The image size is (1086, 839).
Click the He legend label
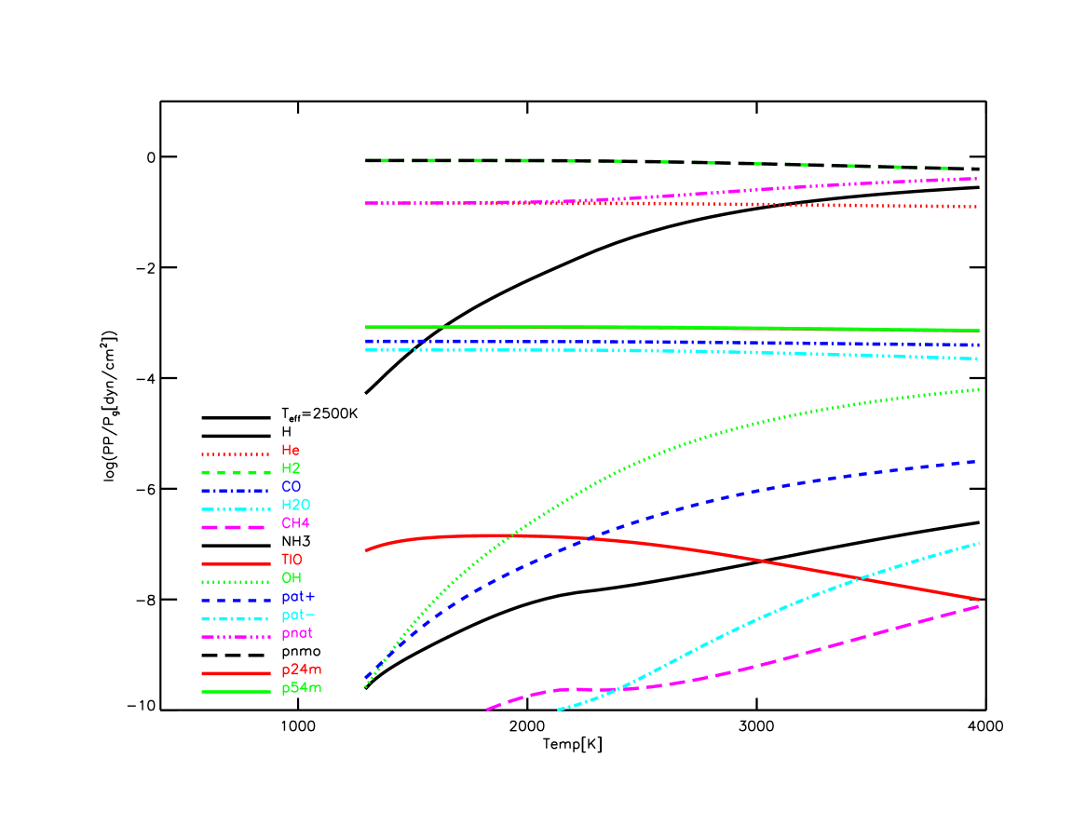[x=291, y=451]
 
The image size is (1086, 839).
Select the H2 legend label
[x=291, y=469]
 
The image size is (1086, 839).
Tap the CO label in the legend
[x=292, y=487]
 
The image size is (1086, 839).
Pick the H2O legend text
[x=295, y=506]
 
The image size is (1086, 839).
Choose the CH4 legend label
[x=295, y=524]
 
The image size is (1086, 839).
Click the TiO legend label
[x=292, y=561]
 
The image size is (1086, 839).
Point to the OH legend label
[x=292, y=578]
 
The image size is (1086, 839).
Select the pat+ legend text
[x=298, y=597]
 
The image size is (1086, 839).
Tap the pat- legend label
[x=298, y=616]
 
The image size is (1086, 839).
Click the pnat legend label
[x=297, y=634]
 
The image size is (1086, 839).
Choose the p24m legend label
[x=302, y=670]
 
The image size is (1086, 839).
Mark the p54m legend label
[x=302, y=689]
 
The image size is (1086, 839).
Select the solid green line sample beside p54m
[x=236, y=692]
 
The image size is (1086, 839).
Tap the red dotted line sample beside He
[x=236, y=453]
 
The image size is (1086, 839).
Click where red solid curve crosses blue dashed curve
[x=587, y=539]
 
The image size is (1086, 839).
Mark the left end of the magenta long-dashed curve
[x=487, y=710]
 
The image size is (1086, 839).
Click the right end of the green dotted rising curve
[x=978, y=389]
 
